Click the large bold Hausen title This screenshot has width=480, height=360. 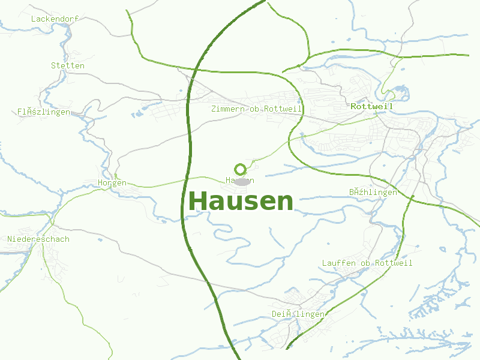coord(241,201)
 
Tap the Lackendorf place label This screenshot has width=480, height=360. coord(55,19)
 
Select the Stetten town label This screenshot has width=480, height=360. coord(68,65)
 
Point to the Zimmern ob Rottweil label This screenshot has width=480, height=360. coord(256,109)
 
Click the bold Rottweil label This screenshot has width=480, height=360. coord(371,106)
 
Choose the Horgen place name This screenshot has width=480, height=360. coord(112,182)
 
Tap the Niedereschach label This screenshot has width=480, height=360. coord(38,239)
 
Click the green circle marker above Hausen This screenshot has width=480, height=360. coord(241,169)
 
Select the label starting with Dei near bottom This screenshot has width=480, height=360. coord(298,314)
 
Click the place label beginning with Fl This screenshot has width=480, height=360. coord(44,112)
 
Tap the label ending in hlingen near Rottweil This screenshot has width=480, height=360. coord(373,192)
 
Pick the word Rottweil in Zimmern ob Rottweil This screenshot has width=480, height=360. coord(283,109)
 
